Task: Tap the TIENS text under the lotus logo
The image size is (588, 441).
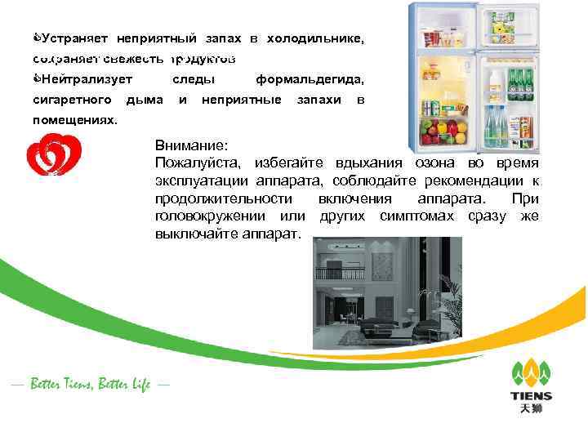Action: click(x=531, y=396)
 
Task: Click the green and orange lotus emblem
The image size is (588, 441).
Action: click(x=531, y=372)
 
